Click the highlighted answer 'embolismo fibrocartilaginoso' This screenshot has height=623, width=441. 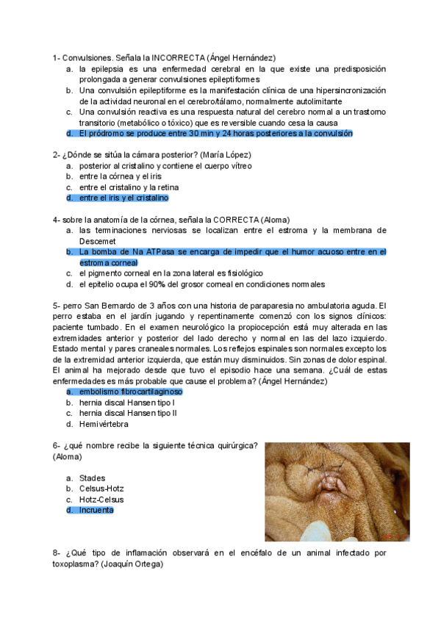(x=130, y=392)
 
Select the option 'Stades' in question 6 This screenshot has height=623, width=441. (x=92, y=478)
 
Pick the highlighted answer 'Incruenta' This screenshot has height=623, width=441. (x=96, y=510)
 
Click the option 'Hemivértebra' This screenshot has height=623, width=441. (x=104, y=424)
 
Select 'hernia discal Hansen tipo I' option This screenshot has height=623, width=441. (x=126, y=403)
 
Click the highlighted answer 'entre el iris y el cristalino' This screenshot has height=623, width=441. (x=123, y=198)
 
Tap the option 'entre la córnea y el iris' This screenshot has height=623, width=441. (x=120, y=176)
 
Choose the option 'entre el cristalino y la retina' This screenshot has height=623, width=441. (x=128, y=187)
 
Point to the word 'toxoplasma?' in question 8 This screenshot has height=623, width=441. (x=76, y=564)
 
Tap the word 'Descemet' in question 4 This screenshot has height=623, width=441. (x=98, y=241)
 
